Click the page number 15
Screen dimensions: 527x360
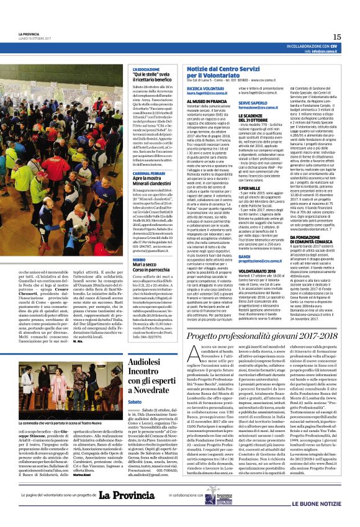coord(336,37)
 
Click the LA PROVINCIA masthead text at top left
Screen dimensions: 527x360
coord(30,34)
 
